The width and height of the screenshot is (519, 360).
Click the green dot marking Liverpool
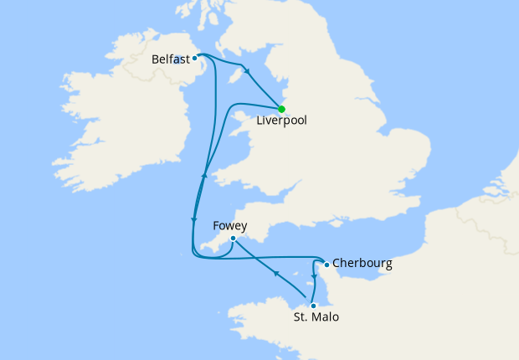pyautogui.click(x=282, y=109)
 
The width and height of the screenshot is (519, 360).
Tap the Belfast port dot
pyautogui.click(x=194, y=58)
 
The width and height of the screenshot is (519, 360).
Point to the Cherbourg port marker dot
pyautogui.click(x=326, y=265)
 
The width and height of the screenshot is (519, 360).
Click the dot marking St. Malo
pyautogui.click(x=313, y=306)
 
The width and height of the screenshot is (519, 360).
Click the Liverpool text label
pyautogui.click(x=281, y=121)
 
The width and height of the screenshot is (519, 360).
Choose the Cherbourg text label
pyautogui.click(x=362, y=264)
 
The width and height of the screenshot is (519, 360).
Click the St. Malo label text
pyautogui.click(x=316, y=318)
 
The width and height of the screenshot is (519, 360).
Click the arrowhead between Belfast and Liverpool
pyautogui.click(x=246, y=71)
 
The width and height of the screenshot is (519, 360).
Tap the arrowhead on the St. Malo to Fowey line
pyautogui.click(x=276, y=273)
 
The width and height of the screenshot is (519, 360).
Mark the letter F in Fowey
pyautogui.click(x=216, y=225)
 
